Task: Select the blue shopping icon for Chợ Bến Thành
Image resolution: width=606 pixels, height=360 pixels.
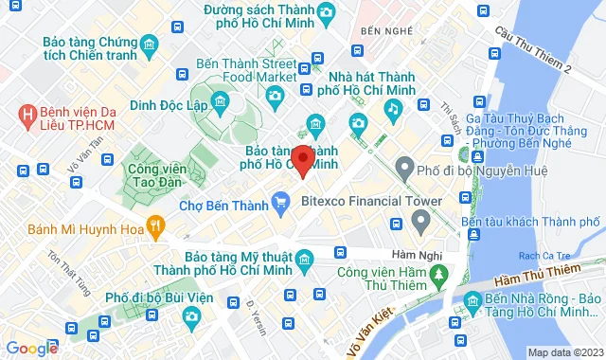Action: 279,201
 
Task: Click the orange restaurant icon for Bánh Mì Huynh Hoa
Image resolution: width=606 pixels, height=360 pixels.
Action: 157,226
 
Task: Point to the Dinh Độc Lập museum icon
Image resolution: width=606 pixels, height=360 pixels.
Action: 220,101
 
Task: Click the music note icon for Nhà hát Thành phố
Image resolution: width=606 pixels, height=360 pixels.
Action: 392,108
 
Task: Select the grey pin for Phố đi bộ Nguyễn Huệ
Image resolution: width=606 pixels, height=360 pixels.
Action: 404,171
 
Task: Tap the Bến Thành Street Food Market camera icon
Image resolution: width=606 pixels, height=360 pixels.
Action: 275,95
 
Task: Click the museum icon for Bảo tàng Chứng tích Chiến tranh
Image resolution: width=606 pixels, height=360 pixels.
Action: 150,47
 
